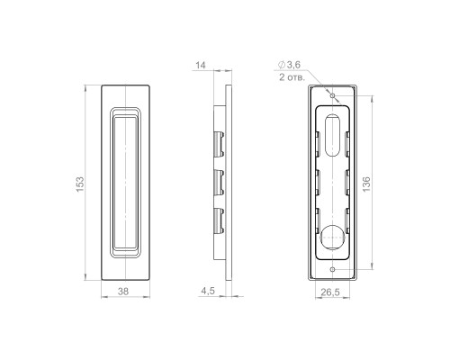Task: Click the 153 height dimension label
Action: pos(80,184)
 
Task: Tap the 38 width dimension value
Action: pos(123,291)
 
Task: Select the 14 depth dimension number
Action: pos(201,65)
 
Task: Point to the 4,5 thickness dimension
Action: pos(208,291)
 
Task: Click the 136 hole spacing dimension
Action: pos(366,184)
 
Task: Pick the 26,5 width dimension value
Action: pos(330,292)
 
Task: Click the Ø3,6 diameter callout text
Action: pos(289,64)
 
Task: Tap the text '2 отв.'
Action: pos(292,77)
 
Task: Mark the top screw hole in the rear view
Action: pos(332,95)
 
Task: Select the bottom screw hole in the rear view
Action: pos(332,269)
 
